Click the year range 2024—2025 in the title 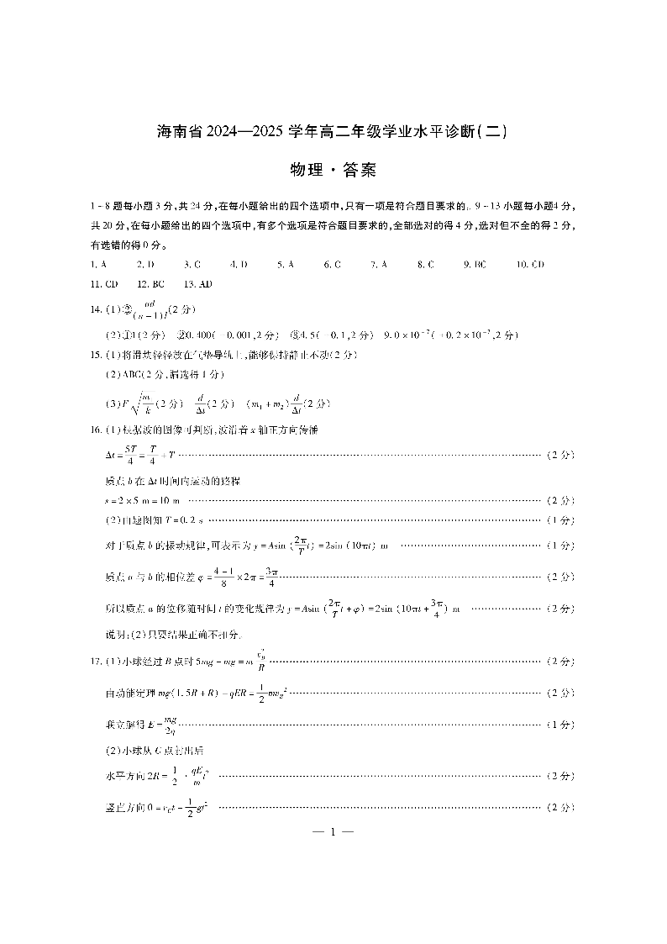click(x=244, y=132)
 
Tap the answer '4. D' click(x=239, y=264)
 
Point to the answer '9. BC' click(x=475, y=264)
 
